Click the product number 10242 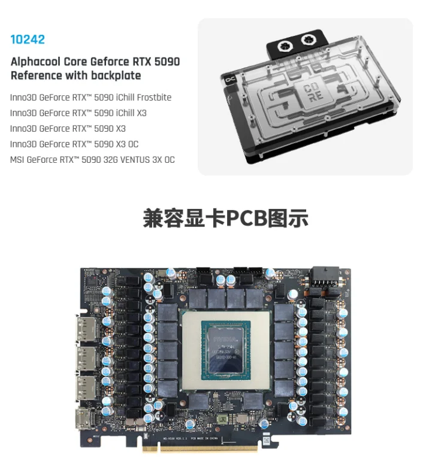pos(28,40)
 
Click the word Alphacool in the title pos(38,62)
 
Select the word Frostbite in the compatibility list pos(154,98)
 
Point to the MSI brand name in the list pos(18,160)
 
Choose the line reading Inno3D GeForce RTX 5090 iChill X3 pos(78,113)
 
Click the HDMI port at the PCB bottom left pos(83,420)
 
